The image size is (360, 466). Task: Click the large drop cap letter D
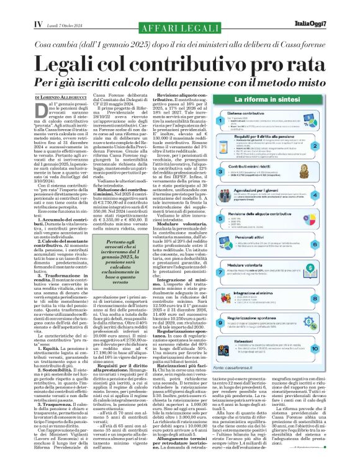(40, 112)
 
